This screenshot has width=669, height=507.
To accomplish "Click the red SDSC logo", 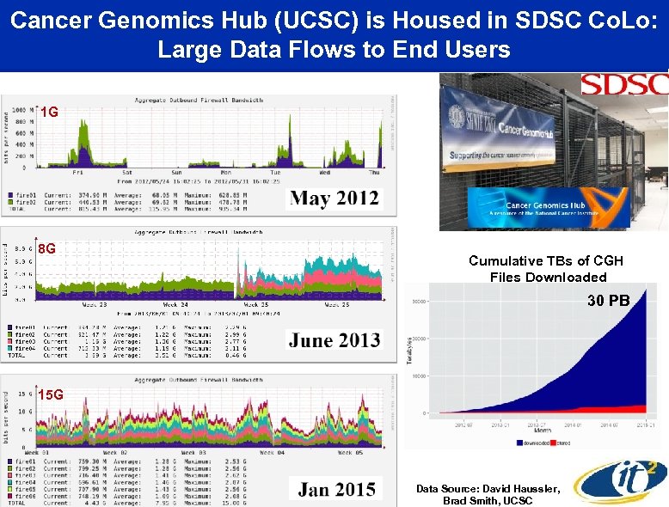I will (623, 84).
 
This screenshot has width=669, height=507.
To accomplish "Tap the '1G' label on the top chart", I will (50, 113).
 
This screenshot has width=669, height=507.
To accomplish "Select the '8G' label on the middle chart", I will (48, 249).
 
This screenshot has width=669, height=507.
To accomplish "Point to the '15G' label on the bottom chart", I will (52, 394).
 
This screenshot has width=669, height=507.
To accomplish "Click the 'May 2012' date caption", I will (334, 199).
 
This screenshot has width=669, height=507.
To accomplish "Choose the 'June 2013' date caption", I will (334, 340).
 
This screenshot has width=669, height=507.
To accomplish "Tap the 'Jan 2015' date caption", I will (336, 490).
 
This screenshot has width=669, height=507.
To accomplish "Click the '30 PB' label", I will (609, 301).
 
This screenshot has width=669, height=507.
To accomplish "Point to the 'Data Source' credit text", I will (488, 494).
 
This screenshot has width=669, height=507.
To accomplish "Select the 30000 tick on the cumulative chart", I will (418, 301).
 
